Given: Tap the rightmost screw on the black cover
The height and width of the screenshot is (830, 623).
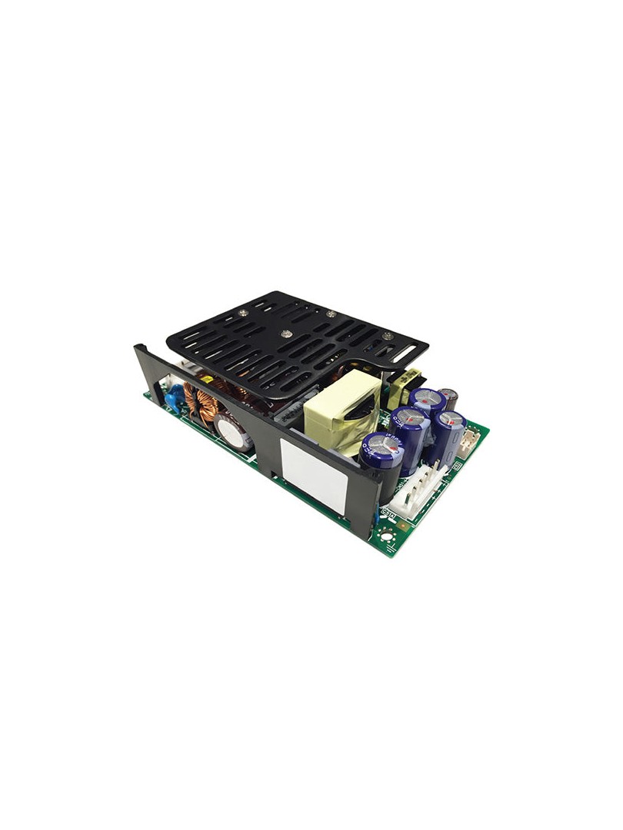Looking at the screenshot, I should (x=387, y=335).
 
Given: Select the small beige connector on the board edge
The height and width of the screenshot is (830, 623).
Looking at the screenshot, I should (x=469, y=439).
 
